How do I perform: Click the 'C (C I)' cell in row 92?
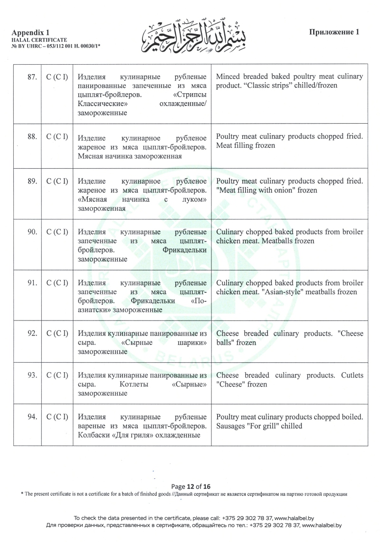(x=57, y=333)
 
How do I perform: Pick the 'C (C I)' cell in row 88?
(x=57, y=137)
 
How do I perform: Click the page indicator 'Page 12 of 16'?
(x=190, y=486)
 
